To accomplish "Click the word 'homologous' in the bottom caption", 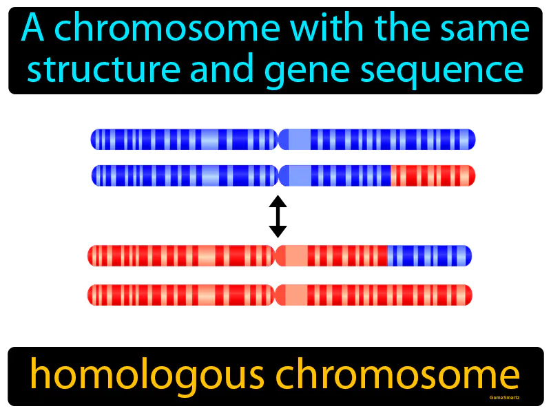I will click(x=138, y=376).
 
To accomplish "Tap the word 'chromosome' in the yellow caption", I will click(x=393, y=376).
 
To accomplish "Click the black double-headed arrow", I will click(x=278, y=216).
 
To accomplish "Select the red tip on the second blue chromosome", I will click(x=433, y=176).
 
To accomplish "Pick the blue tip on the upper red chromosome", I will click(x=429, y=255).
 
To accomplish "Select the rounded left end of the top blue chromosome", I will click(x=94, y=140).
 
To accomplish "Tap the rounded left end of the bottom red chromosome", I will click(x=91, y=295).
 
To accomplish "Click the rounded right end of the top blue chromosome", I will click(x=472, y=140).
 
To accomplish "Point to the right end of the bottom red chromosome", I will click(x=468, y=295).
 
